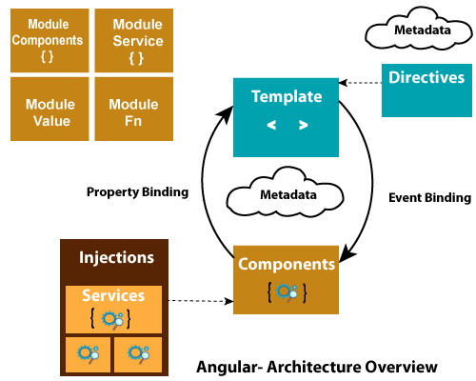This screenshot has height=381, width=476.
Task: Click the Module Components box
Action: point(50,40)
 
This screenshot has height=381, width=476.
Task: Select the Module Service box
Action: point(134,40)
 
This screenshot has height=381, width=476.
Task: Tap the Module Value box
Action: point(50,109)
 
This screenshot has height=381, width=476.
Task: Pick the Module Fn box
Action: point(134,109)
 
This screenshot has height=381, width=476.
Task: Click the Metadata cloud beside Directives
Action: point(419,30)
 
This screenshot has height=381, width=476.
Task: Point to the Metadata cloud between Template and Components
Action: point(286,193)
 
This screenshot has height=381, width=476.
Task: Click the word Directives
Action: point(426,77)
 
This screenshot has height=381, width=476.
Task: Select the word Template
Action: point(287,96)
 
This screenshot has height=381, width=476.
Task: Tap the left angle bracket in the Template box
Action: point(271,125)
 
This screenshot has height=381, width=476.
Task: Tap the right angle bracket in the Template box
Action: point(304,125)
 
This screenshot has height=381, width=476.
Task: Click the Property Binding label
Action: point(137,192)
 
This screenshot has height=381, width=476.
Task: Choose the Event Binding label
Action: point(429,197)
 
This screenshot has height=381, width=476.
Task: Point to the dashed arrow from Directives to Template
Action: point(360,83)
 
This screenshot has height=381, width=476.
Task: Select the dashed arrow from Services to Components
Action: point(201,301)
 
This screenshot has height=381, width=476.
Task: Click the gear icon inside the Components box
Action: point(287,292)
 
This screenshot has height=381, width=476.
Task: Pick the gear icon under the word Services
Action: point(112,320)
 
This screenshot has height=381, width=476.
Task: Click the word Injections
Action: point(116,257)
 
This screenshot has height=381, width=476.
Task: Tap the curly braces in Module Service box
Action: point(136,59)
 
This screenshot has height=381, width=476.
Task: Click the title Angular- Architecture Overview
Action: point(317,367)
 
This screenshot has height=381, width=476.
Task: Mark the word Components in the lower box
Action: point(287,265)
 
